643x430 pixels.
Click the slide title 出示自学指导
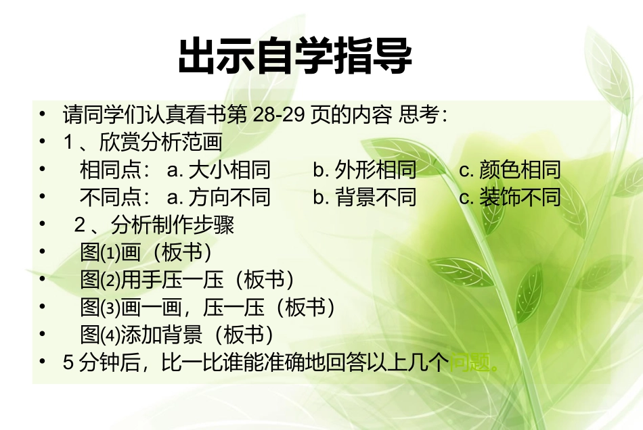click(295, 57)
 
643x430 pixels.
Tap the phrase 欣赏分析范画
click(161, 142)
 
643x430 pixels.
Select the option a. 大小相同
click(218, 170)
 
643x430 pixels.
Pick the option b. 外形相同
click(365, 170)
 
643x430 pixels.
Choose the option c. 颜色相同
click(510, 170)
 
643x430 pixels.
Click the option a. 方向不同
click(218, 197)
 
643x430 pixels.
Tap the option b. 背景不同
click(365, 197)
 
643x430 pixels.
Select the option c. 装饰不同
click(510, 197)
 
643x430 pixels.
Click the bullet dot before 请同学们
click(43, 113)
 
